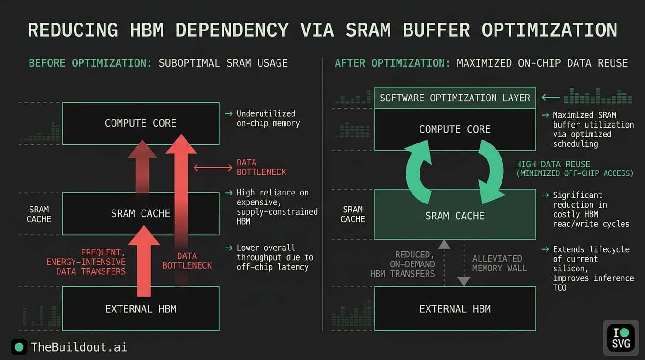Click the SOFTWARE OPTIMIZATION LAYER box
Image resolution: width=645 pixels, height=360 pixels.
point(455,98)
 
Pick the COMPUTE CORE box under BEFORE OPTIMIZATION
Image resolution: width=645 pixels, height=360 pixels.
point(141,123)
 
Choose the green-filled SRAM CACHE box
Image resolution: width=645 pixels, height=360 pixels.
point(455,216)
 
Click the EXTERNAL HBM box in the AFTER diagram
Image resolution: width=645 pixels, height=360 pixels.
point(455,309)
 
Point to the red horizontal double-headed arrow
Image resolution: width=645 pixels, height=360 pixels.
point(212,167)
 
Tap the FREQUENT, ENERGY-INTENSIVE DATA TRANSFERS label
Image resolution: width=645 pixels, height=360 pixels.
point(86,262)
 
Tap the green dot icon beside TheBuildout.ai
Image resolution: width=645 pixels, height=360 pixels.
point(19,347)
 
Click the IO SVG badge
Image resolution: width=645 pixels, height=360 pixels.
point(621,337)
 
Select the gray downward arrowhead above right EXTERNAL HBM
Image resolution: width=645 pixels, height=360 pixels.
point(464,281)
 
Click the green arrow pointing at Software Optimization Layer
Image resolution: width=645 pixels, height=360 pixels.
point(550,97)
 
